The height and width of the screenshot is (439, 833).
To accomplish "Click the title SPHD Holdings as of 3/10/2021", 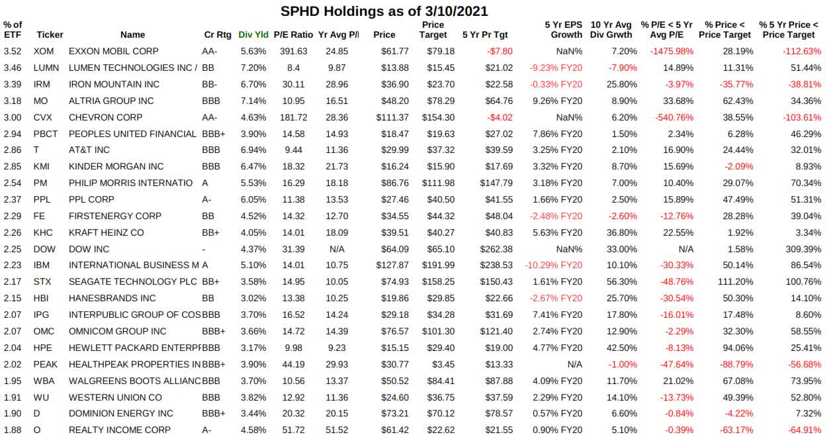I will pos(384,11).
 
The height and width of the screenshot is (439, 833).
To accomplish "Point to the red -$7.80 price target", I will pos(499,51).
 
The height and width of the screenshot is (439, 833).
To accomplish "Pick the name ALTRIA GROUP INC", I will pos(111,101).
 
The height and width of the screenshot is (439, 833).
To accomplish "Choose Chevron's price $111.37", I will pos(389,117).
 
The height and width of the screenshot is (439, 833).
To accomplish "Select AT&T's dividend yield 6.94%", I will pos(253,150).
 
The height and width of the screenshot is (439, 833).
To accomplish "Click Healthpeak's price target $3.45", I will pos(443,364).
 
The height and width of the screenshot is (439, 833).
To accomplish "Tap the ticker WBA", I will pos(46,380).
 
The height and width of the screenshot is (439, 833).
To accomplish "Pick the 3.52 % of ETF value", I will pos(11,51).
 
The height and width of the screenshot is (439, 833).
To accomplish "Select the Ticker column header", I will pos(50,34).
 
